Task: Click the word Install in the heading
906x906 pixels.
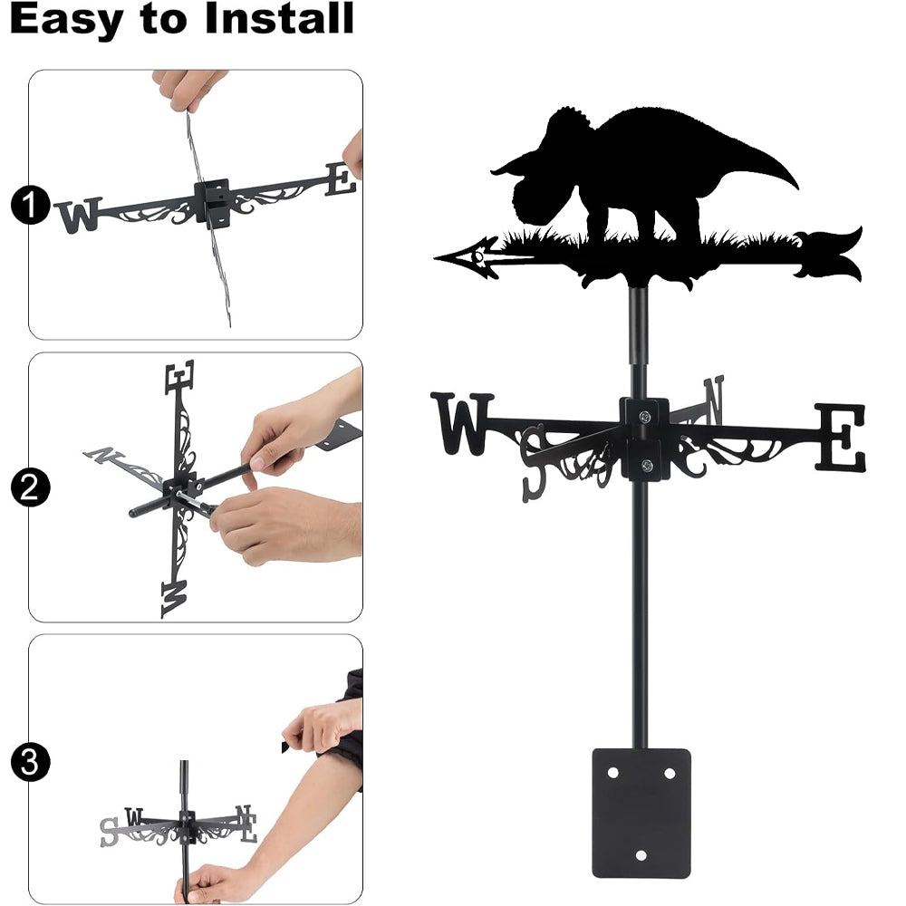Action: [x=279, y=18]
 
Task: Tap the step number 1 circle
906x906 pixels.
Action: [x=30, y=205]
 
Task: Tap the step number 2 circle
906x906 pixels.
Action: [x=30, y=487]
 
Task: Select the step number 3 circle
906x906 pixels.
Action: [x=30, y=762]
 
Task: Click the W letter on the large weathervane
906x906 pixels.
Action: [x=462, y=423]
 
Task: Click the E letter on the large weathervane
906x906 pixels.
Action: [x=840, y=436]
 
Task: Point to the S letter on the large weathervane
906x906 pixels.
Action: [x=533, y=463]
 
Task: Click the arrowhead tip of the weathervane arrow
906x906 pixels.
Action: [x=435, y=257]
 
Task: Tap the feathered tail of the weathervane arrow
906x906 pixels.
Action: [x=829, y=255]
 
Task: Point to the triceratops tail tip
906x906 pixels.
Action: [x=796, y=188]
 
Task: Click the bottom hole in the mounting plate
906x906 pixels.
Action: [x=641, y=854]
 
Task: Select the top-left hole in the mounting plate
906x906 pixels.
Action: [x=612, y=772]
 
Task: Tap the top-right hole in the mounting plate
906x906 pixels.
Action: [x=670, y=773]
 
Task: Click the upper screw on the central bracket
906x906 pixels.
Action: [x=645, y=416]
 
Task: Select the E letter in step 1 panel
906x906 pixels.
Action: [x=341, y=179]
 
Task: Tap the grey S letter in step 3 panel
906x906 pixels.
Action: [x=108, y=832]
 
